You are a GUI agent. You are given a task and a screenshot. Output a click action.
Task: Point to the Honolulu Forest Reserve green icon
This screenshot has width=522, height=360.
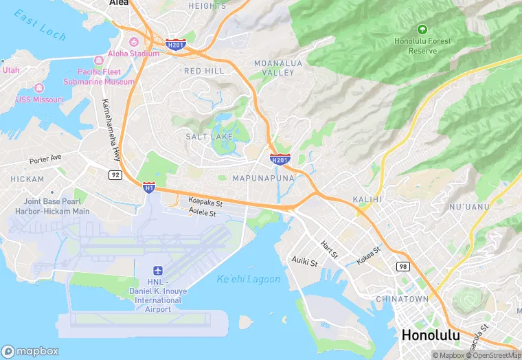pyautogui.click(x=422, y=30)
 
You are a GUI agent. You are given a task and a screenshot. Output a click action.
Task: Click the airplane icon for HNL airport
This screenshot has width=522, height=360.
pyautogui.click(x=159, y=269)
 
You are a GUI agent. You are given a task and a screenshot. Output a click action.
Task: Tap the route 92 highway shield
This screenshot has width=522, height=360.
pyautogui.click(x=115, y=175)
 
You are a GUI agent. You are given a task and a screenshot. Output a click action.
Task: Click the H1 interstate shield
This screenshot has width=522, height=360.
pyautogui.click(x=148, y=187)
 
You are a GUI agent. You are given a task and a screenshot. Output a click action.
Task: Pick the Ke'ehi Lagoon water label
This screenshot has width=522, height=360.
pyautogui.click(x=249, y=279)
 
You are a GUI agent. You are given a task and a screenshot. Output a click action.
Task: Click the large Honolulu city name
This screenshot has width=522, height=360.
pyautogui.click(x=430, y=336)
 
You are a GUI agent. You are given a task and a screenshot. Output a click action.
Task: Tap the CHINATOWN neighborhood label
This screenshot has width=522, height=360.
pyautogui.click(x=402, y=299)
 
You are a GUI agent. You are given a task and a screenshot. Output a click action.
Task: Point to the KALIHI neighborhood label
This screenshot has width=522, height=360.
pyautogui.click(x=367, y=199)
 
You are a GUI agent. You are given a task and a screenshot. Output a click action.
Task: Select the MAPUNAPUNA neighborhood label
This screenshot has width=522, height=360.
pyautogui.click(x=264, y=178)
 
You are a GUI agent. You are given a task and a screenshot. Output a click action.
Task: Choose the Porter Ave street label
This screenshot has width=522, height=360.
pyautogui.click(x=45, y=159)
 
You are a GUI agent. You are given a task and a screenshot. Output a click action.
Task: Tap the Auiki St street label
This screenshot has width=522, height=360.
pyautogui.click(x=304, y=262)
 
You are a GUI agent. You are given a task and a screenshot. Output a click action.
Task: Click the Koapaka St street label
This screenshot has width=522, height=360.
pyautogui.click(x=205, y=203)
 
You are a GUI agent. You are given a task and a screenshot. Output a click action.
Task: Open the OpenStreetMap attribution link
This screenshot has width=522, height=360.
pyautogui.click(x=495, y=355)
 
